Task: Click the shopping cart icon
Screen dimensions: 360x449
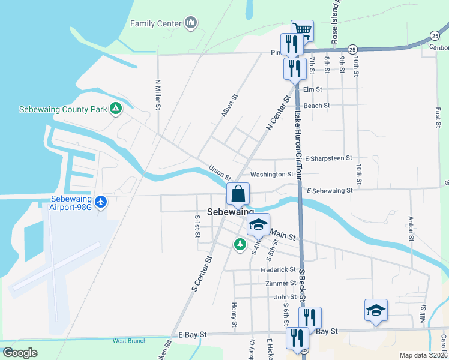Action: pyautogui.click(x=302, y=30)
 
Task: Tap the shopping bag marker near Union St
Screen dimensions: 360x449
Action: pyautogui.click(x=238, y=194)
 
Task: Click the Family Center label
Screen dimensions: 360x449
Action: pyautogui.click(x=155, y=23)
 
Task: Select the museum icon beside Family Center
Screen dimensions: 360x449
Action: pyautogui.click(x=191, y=23)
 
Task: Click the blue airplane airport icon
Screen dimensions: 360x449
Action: pyautogui.click(x=101, y=202)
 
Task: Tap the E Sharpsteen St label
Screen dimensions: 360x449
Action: pyautogui.click(x=328, y=158)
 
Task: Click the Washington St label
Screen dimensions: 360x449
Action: pyautogui.click(x=271, y=175)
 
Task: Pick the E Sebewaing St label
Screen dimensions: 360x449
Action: pyautogui.click(x=329, y=191)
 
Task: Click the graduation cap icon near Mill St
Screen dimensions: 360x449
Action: pyautogui.click(x=375, y=310)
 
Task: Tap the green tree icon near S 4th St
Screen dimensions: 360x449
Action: pyautogui.click(x=240, y=244)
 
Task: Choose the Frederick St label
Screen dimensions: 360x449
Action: pyautogui.click(x=278, y=270)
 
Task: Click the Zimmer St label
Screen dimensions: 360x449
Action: pyautogui.click(x=280, y=283)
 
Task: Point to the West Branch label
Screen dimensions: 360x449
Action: pyautogui.click(x=130, y=341)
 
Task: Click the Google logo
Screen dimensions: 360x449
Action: pyautogui.click(x=20, y=353)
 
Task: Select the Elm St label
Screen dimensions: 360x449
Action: pyautogui.click(x=313, y=89)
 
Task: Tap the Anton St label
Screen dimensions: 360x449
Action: pyautogui.click(x=411, y=228)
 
